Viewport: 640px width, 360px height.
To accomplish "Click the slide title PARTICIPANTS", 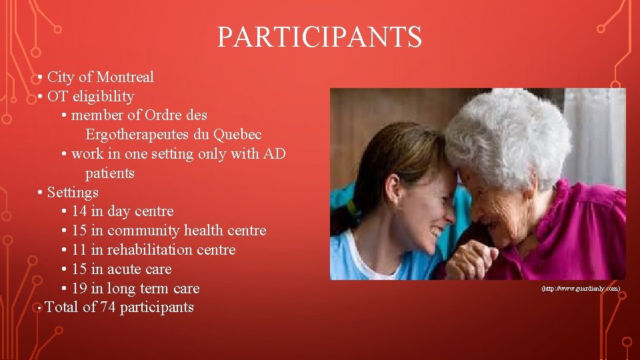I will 319,37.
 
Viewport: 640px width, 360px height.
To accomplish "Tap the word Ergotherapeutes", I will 137,135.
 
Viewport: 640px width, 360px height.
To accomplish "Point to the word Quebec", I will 237,135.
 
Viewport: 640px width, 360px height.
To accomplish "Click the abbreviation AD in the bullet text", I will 275,154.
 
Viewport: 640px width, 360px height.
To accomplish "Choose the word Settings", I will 73,193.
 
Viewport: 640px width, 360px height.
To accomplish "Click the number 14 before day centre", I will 79,212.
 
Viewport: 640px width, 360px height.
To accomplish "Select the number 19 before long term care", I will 79,289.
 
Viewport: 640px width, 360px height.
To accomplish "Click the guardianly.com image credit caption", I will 581,289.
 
